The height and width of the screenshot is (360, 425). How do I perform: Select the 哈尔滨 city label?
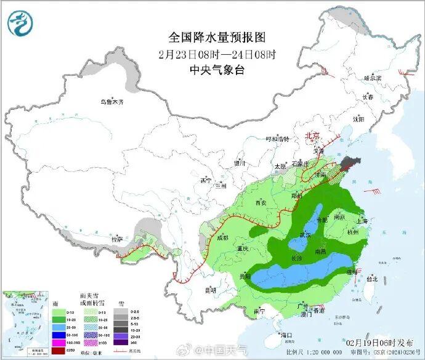(373, 78)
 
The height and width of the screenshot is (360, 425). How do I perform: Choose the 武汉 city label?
(305, 234)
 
